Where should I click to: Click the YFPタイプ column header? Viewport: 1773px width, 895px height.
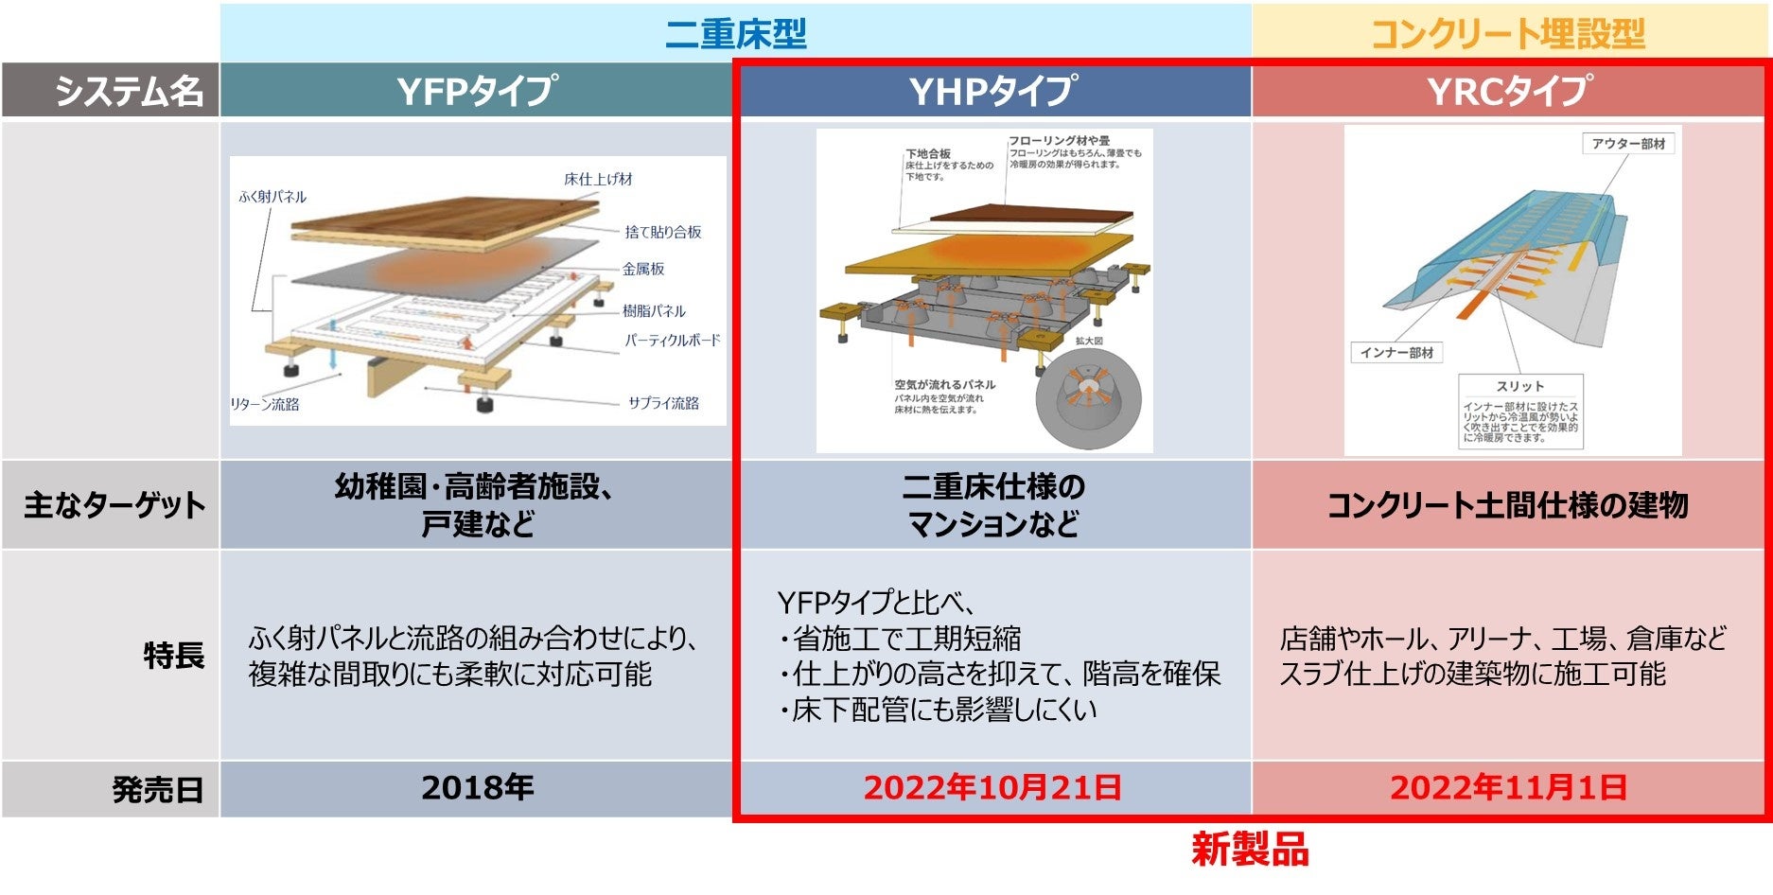point(477,92)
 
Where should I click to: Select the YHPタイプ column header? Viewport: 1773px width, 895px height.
point(992,92)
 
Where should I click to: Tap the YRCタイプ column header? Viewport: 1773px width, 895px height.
point(1510,92)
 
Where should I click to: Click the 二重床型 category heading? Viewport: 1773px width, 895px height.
point(736,34)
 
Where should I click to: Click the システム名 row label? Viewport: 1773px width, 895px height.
point(128,92)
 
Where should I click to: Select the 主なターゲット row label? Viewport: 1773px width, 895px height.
point(114,505)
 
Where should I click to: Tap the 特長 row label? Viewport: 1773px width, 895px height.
point(174,655)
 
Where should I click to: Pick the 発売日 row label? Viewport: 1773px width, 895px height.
point(158,789)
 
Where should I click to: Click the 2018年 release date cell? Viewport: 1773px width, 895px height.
point(478,787)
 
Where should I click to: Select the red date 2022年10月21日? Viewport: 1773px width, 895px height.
point(992,787)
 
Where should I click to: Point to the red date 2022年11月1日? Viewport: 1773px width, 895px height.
point(1508,787)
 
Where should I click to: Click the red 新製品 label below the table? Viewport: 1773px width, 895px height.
point(1250,850)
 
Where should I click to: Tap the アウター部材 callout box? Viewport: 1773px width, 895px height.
point(1628,144)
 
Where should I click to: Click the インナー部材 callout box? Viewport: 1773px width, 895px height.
point(1396,353)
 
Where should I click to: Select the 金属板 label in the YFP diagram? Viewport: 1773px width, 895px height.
point(643,270)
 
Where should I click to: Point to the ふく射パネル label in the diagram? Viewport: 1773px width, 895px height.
point(272,197)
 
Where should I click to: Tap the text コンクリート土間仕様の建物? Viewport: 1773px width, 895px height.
point(1508,505)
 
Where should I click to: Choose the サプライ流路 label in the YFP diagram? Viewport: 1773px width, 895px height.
point(663,403)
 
